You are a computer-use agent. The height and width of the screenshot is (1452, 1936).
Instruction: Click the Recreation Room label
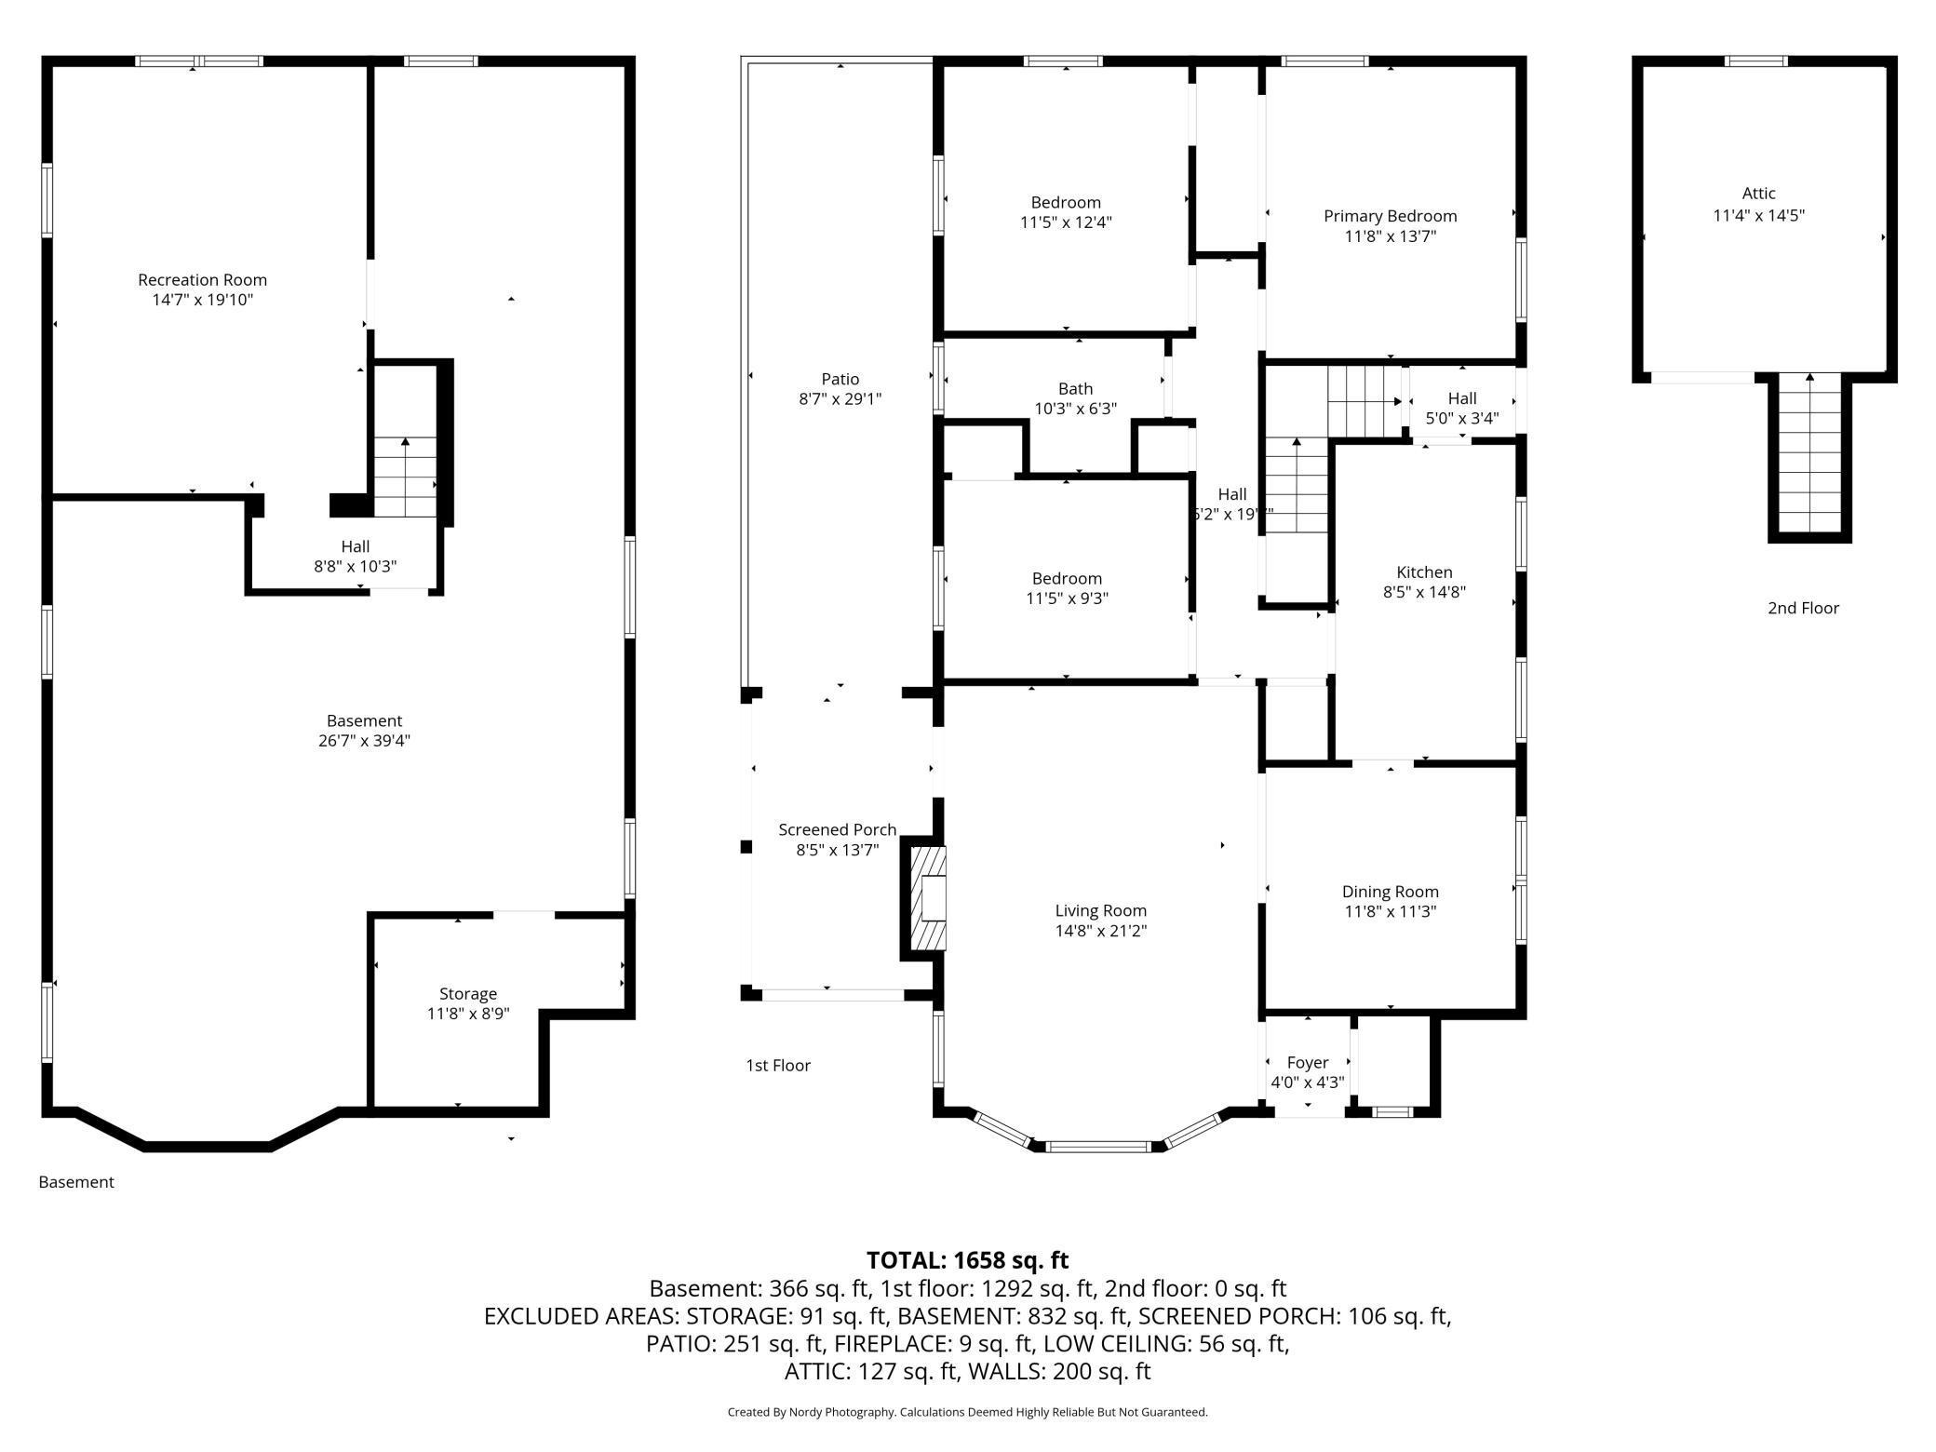[x=202, y=279]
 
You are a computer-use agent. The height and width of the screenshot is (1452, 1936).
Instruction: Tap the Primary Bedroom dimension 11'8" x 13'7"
[x=1390, y=236]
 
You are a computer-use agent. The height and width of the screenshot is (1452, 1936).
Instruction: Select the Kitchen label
[x=1424, y=572]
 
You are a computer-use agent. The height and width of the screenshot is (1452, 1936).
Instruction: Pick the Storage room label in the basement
[x=468, y=994]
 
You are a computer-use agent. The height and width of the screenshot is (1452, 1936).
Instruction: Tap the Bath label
[x=1075, y=389]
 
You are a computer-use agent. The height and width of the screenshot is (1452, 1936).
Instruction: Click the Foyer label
[x=1308, y=1062]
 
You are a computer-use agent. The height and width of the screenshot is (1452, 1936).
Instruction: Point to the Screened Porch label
[x=838, y=829]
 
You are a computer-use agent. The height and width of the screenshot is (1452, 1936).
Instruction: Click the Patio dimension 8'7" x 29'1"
[x=840, y=399]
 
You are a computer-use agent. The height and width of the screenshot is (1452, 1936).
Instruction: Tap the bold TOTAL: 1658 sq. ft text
[x=968, y=1260]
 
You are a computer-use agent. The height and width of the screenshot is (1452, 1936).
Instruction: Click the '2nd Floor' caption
[x=1804, y=608]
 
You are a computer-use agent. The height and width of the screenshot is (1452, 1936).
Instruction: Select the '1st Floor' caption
[x=778, y=1065]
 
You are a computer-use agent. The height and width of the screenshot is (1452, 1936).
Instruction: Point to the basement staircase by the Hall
[x=405, y=477]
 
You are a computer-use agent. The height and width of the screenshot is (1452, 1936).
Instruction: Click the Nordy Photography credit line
[x=968, y=1412]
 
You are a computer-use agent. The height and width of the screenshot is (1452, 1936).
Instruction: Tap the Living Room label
[x=1100, y=910]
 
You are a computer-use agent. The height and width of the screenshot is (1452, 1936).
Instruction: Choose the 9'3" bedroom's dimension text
[x=1067, y=598]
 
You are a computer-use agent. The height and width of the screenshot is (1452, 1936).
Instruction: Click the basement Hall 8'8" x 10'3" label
[x=355, y=557]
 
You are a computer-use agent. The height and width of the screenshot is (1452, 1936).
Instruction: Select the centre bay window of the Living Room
[x=1098, y=1147]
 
